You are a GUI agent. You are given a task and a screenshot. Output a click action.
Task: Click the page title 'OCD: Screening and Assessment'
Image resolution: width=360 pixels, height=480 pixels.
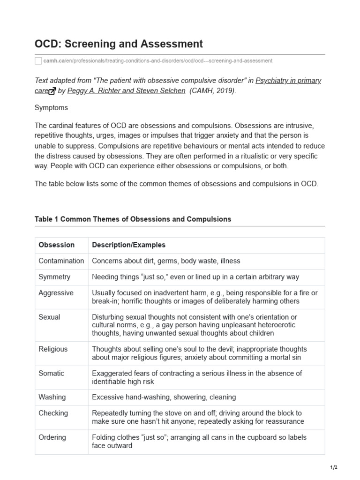tap(119, 44)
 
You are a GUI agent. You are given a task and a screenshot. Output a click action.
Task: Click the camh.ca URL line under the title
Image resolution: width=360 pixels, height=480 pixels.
tap(157, 61)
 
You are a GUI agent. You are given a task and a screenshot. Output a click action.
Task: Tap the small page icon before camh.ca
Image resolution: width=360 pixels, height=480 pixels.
tap(38, 61)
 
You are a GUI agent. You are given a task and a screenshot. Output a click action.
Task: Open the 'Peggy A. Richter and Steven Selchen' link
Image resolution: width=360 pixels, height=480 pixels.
tap(127, 91)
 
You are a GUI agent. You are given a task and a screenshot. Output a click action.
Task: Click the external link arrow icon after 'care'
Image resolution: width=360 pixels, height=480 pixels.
tap(52, 91)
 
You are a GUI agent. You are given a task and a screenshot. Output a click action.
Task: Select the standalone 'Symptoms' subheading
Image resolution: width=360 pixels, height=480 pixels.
tap(51, 108)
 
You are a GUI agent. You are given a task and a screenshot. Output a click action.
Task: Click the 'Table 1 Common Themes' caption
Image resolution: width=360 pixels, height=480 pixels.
tap(133, 219)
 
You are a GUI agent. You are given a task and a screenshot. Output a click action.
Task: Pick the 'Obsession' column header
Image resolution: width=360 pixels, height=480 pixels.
tap(56, 245)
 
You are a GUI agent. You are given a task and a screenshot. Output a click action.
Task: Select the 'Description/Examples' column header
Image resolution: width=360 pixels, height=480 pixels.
tap(128, 245)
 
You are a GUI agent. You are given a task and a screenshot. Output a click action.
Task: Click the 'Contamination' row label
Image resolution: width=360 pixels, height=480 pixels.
tap(61, 261)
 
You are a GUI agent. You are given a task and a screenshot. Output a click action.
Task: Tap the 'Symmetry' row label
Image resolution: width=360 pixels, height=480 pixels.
tap(54, 277)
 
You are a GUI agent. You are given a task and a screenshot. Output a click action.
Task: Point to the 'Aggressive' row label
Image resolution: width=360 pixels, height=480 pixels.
tap(56, 293)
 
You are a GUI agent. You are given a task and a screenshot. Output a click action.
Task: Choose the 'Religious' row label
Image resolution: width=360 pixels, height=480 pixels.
tap(53, 349)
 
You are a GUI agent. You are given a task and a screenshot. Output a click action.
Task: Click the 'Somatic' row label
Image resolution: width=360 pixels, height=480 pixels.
tap(51, 374)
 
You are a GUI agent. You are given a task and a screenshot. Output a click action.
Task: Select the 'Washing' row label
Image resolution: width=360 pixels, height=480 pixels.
tap(52, 397)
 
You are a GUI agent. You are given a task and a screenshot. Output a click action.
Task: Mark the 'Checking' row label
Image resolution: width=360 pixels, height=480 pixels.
tap(53, 413)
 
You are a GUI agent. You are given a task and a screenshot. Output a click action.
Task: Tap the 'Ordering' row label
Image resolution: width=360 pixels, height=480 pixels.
tap(52, 437)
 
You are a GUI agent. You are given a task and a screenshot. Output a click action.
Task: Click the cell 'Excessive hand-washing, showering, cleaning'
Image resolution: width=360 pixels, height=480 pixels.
tap(164, 397)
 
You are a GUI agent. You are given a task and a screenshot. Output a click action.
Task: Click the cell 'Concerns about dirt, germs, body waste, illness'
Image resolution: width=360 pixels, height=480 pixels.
tap(166, 261)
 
